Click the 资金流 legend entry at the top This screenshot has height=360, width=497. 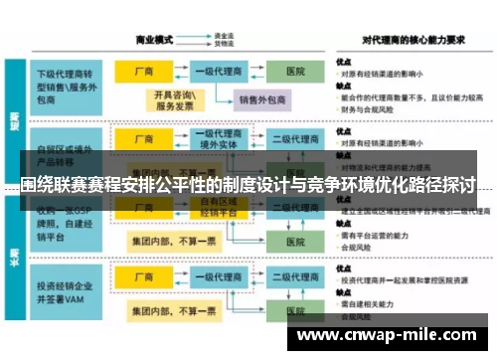coord(224,37)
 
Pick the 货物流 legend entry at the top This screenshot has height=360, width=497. coord(224,45)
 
